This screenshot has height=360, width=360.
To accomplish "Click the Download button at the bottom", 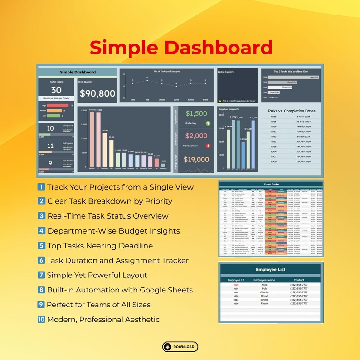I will pyautogui.click(x=180, y=347).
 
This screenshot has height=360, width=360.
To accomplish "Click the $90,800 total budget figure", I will pyautogui.click(x=97, y=93).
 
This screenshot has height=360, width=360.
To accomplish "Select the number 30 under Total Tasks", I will pyautogui.click(x=56, y=90).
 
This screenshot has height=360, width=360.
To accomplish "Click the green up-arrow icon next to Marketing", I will pyautogui.click(x=208, y=123).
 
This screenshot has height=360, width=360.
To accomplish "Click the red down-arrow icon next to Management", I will pyautogui.click(x=208, y=146).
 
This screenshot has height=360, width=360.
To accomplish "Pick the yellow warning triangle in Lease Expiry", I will pyautogui.click(x=219, y=101).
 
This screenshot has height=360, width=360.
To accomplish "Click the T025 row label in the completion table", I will pyautogui.click(x=273, y=117).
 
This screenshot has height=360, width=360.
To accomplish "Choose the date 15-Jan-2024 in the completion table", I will pyautogui.click(x=303, y=161).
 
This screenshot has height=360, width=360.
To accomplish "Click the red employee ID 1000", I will pyautogui.click(x=236, y=284).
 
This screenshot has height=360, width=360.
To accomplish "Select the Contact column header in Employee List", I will pyautogui.click(x=300, y=280).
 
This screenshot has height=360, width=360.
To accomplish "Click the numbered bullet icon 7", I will pyautogui.click(x=41, y=275).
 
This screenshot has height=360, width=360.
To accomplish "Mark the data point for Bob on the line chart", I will pyautogui.click(x=147, y=79).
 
